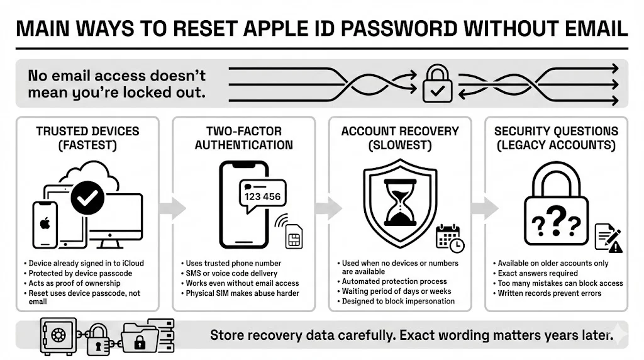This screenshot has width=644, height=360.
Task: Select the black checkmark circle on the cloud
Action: [87, 198]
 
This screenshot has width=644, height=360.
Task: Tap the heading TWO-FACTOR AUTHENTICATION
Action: [243, 138]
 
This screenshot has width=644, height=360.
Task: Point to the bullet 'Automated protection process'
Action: [394, 281]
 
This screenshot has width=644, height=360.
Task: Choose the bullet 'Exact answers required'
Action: [537, 273]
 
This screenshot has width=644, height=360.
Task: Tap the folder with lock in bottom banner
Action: [139, 337]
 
